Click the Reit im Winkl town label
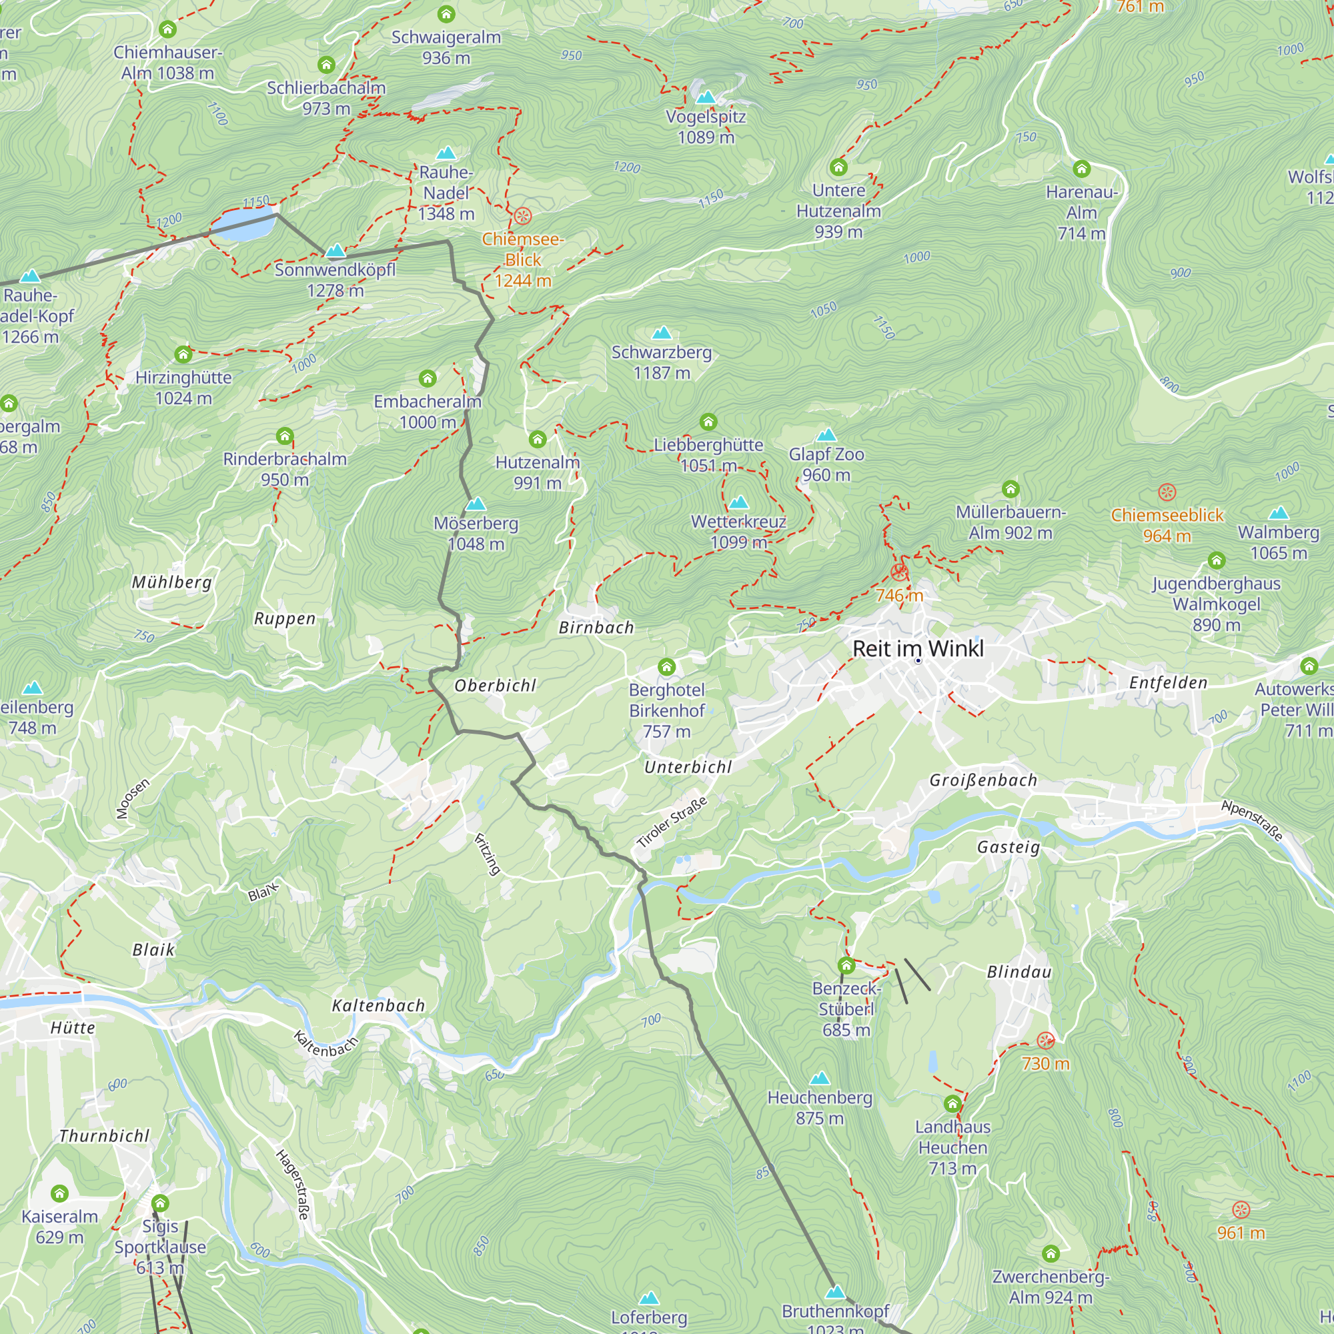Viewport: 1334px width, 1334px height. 918,648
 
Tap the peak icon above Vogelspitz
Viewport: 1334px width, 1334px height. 706,97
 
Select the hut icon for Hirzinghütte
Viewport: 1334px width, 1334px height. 183,354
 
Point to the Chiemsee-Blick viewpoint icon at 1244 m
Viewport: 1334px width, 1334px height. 523,216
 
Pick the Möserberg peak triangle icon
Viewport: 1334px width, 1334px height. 476,504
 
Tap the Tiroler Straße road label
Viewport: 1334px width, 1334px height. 672,822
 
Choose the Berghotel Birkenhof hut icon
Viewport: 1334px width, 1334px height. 666,667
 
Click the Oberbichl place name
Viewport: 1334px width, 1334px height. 495,686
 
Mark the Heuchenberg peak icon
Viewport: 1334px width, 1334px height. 820,1078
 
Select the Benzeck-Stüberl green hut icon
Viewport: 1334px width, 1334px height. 846,965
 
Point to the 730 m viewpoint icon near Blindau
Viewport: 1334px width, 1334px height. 1045,1040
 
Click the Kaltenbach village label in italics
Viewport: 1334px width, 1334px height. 378,1005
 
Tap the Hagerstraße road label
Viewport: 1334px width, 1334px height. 293,1183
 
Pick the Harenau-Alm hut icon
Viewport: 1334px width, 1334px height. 1081,169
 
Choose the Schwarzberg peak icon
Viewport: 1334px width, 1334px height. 662,333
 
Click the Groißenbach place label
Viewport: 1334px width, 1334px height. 983,780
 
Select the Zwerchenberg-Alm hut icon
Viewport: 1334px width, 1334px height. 1051,1253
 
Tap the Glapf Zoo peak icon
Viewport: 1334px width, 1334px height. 826,435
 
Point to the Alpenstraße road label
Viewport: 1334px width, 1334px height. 1252,820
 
